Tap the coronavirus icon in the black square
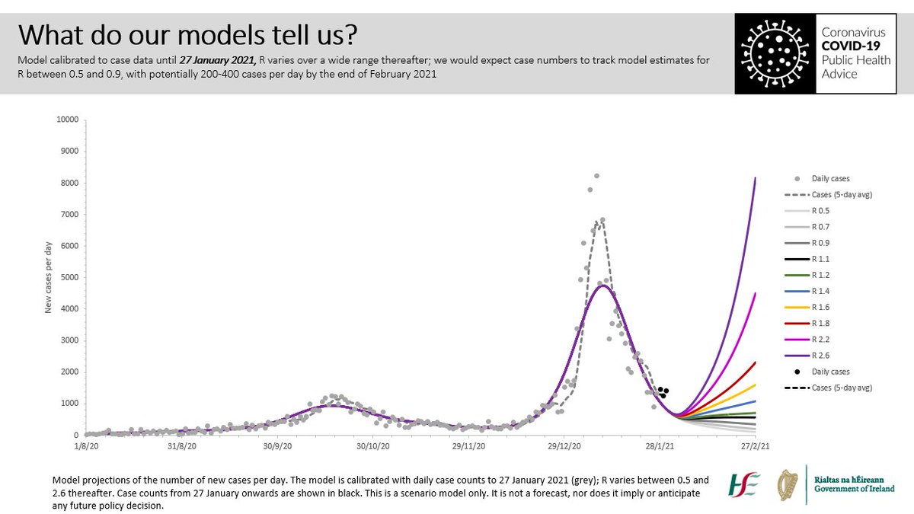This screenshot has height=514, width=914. tap(772, 53)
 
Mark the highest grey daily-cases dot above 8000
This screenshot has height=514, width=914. tap(596, 176)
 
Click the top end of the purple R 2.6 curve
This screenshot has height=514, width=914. tap(755, 178)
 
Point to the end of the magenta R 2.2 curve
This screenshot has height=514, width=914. tap(755, 293)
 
